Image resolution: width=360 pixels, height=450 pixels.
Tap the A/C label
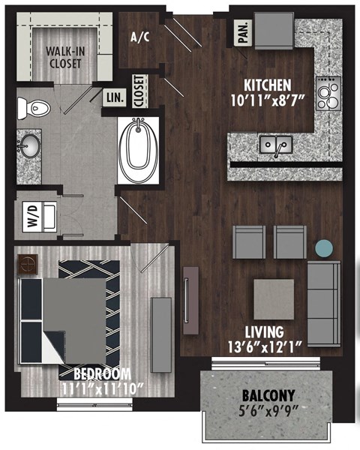(139, 37)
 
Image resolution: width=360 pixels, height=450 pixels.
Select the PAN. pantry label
(244, 32)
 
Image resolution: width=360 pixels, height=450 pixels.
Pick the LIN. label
(114, 97)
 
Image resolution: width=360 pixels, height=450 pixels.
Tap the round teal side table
(324, 248)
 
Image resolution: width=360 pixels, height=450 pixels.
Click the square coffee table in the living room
(273, 298)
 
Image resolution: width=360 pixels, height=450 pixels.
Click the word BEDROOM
(102, 373)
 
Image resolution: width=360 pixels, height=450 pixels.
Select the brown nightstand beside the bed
(28, 264)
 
